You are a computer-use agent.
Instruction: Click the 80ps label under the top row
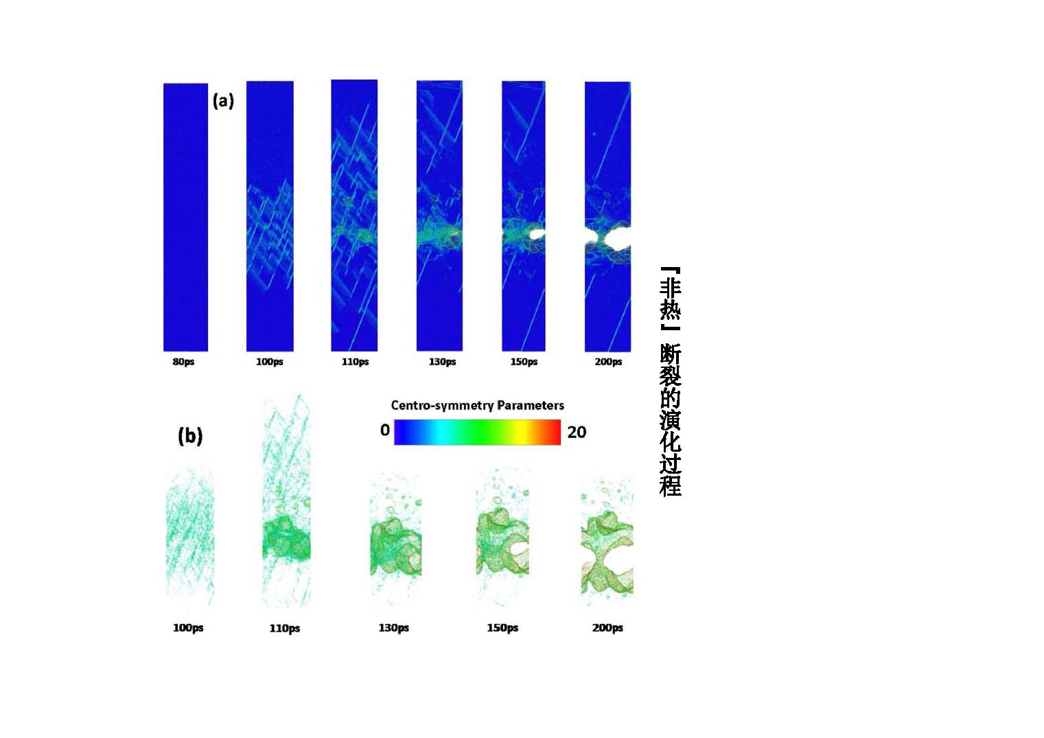point(183,362)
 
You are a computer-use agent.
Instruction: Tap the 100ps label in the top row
point(269,362)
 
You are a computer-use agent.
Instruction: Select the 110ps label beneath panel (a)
point(355,362)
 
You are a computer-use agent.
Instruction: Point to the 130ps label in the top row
point(441,362)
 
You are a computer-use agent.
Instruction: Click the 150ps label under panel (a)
point(524,362)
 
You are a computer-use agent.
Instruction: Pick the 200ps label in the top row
point(608,362)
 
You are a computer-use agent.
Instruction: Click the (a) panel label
point(223,101)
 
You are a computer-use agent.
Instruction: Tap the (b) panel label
point(190,436)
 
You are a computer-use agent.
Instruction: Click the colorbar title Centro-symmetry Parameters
point(477,405)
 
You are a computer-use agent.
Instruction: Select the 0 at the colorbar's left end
point(385,430)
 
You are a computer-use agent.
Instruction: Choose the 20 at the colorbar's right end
point(577,432)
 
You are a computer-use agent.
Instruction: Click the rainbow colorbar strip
point(477,432)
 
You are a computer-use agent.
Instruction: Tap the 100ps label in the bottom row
point(188,627)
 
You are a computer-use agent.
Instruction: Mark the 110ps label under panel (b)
point(284,628)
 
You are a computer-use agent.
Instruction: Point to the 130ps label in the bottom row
point(393,627)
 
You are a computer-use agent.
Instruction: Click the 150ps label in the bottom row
point(502,627)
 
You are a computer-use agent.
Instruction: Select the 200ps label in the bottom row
point(607,627)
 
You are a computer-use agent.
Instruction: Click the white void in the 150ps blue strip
point(536,234)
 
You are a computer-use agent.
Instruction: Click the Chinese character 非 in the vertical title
point(670,288)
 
